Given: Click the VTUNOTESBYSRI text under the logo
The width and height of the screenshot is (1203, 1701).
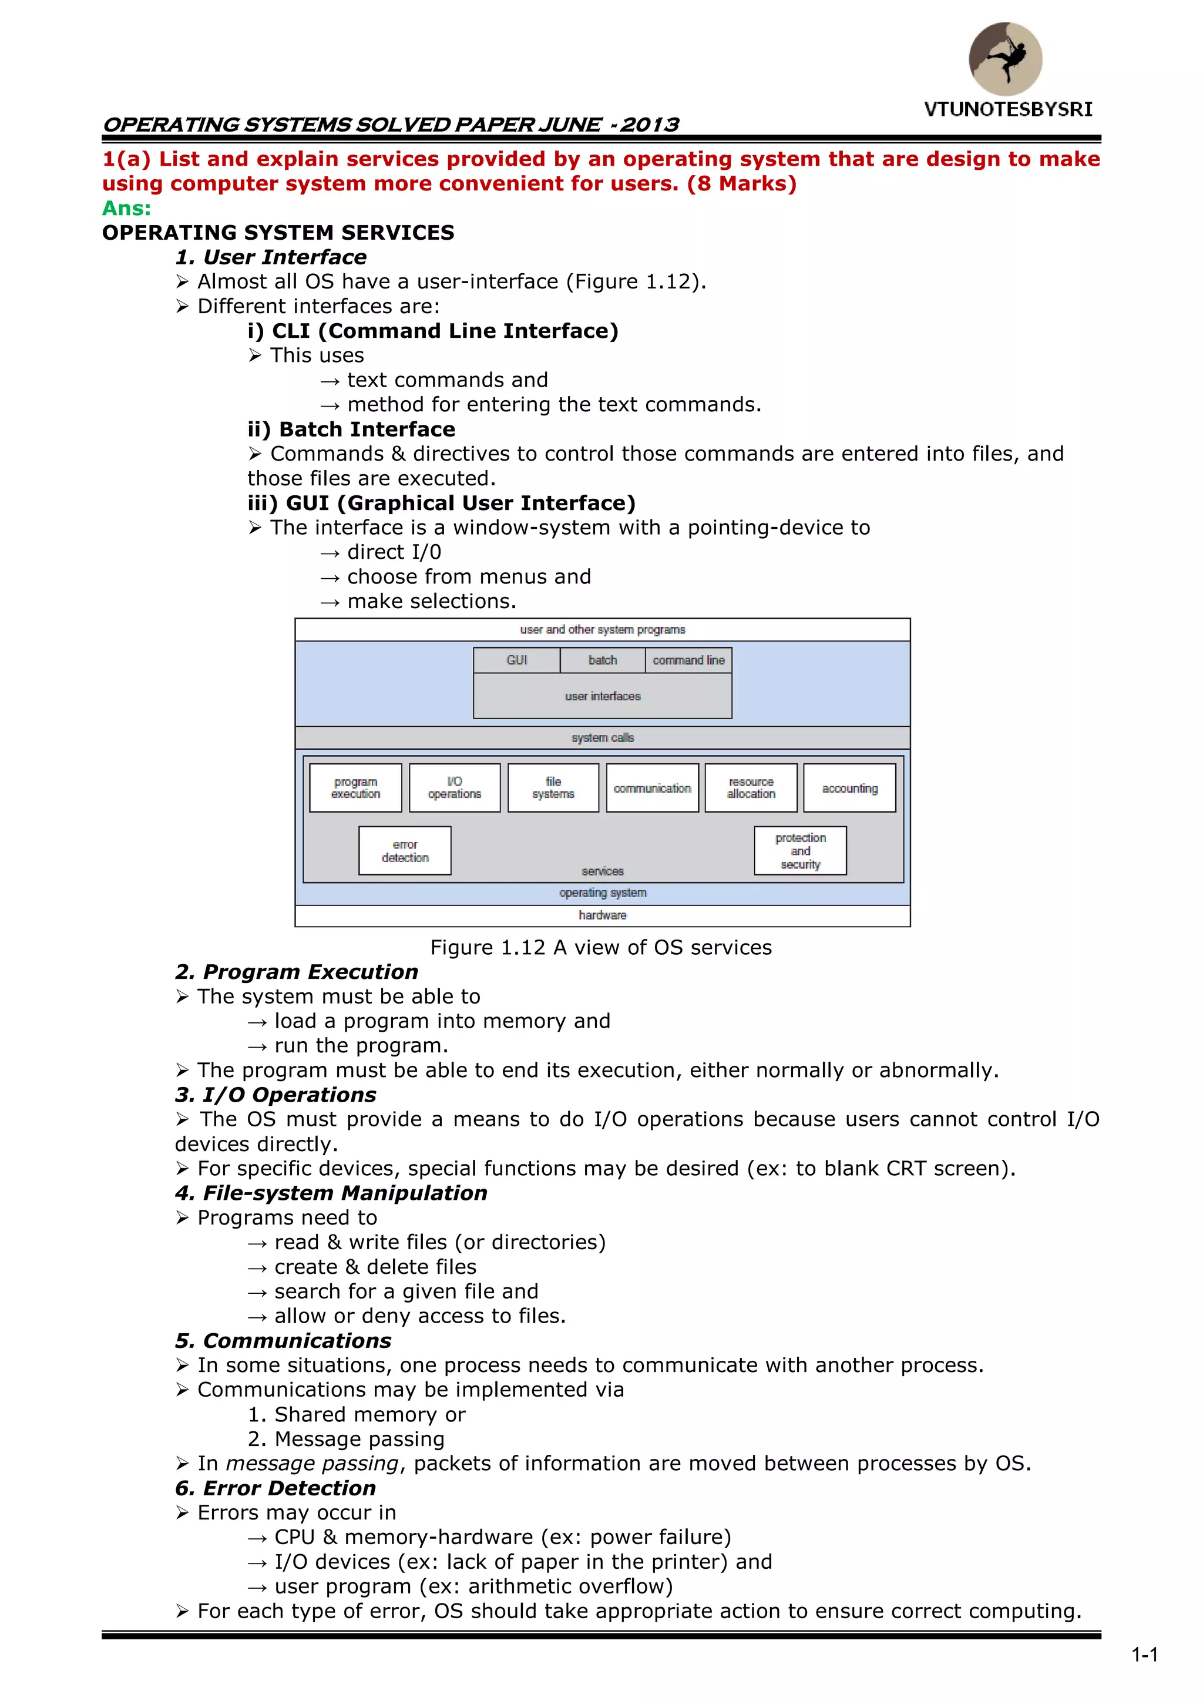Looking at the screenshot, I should pyautogui.click(x=1008, y=110).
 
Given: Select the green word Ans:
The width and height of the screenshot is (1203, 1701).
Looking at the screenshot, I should pyautogui.click(x=127, y=208).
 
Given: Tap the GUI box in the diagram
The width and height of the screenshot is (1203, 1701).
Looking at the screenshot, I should pyautogui.click(x=517, y=660).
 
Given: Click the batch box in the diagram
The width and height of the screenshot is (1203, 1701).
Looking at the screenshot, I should pyautogui.click(x=602, y=660).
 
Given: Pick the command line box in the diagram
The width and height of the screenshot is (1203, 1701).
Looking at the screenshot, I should pyautogui.click(x=688, y=660).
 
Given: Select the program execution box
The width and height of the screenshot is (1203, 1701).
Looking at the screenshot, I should pyautogui.click(x=355, y=787).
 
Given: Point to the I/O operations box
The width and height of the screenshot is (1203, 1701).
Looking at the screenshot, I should pyautogui.click(x=454, y=787).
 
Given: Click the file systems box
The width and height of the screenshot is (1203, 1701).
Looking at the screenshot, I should pyautogui.click(x=553, y=787).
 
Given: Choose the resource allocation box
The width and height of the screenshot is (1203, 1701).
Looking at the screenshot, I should pyautogui.click(x=751, y=787).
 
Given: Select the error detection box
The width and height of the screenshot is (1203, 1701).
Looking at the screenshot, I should pyautogui.click(x=405, y=851).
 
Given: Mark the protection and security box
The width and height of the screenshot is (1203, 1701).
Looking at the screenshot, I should pyautogui.click(x=800, y=851).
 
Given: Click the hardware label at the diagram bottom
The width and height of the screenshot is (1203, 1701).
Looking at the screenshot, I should pyautogui.click(x=602, y=915).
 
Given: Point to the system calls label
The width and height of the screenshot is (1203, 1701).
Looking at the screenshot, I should pyautogui.click(x=602, y=738).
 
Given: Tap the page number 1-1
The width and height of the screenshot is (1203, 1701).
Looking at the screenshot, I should pyautogui.click(x=1144, y=1655).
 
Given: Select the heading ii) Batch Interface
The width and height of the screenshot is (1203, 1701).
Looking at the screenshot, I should pyautogui.click(x=351, y=429).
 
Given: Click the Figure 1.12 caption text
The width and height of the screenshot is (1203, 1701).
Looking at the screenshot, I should pyautogui.click(x=601, y=948).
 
